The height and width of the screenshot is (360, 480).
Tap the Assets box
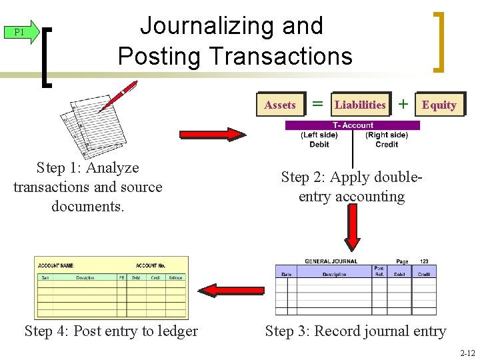[x=280, y=105]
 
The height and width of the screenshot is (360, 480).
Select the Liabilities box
[x=360, y=105]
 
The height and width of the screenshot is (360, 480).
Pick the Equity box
[x=439, y=105]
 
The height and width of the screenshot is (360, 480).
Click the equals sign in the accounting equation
[x=318, y=104]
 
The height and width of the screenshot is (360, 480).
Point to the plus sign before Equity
[x=403, y=103]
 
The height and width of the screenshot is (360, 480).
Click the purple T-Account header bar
[x=353, y=125]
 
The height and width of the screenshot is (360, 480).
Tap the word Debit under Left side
[x=319, y=144]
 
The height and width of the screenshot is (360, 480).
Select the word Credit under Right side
[x=387, y=144]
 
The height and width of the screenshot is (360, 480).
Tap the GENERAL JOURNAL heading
[x=331, y=261]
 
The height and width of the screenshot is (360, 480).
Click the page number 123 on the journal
[x=425, y=261]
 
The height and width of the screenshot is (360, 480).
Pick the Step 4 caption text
[x=111, y=331]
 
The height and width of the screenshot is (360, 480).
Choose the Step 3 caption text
[x=355, y=331]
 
